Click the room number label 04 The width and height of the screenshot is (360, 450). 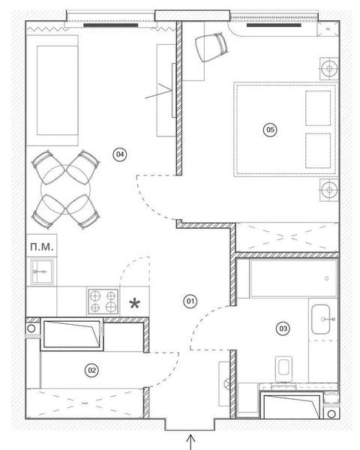[x=120, y=154]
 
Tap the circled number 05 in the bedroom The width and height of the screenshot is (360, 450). [x=270, y=130]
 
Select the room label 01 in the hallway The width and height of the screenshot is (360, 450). [x=190, y=301]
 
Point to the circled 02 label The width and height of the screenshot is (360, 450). [x=91, y=370]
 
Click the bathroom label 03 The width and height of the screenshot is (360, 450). [x=283, y=328]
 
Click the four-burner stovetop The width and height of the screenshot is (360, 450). [x=103, y=301]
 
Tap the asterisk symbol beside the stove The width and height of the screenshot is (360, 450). [x=134, y=304]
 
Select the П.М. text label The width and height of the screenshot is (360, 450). [x=42, y=247]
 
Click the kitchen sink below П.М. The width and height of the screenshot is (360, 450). [x=42, y=271]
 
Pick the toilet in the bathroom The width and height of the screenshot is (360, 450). [x=284, y=369]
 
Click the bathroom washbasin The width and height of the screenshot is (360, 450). [x=321, y=319]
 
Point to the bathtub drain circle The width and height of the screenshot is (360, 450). [x=326, y=278]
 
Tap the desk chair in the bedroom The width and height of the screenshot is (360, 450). [x=211, y=46]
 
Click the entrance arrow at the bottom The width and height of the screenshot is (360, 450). [x=191, y=442]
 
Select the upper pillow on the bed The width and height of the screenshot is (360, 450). [x=318, y=108]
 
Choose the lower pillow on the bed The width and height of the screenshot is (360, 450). [x=318, y=151]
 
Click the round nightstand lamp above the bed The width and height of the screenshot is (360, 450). [x=329, y=68]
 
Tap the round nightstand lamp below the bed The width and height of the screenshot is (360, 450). [x=329, y=190]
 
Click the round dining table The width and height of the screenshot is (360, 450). [x=66, y=190]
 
